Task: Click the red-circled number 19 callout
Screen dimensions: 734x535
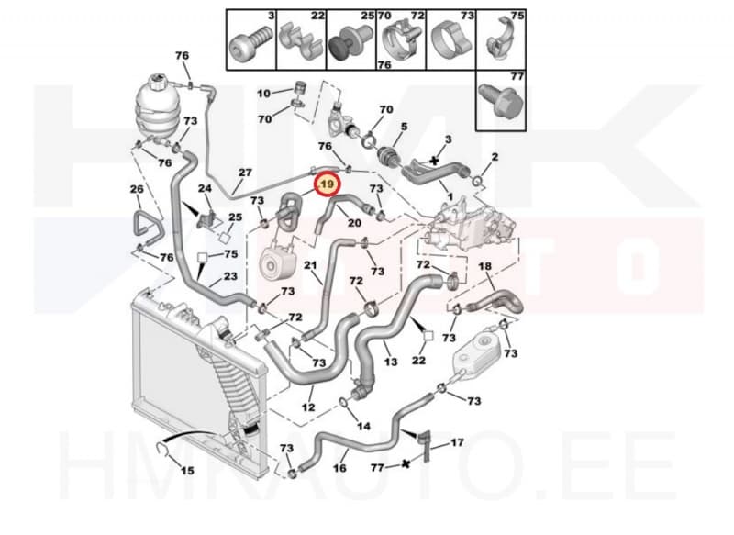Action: (327, 184)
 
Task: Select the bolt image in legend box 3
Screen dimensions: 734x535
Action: (250, 43)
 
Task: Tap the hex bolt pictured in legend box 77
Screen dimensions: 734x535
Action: (500, 101)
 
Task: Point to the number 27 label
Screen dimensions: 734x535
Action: (245, 173)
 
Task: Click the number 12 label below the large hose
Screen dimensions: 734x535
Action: (308, 407)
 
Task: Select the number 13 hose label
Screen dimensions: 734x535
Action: (391, 362)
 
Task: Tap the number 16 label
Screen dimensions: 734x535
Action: (339, 468)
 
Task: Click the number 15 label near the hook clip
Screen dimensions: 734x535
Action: (187, 471)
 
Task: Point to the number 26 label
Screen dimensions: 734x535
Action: (137, 189)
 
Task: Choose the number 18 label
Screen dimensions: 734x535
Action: (485, 266)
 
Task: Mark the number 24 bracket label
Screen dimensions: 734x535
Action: (205, 188)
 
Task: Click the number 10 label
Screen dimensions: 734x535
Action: (263, 94)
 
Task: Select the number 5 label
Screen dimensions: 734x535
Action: (404, 127)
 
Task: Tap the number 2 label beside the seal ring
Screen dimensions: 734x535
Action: (495, 156)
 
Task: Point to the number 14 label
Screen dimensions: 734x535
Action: (363, 426)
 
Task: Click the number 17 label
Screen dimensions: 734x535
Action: (457, 441)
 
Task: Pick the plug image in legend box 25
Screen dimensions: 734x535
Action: (349, 41)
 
